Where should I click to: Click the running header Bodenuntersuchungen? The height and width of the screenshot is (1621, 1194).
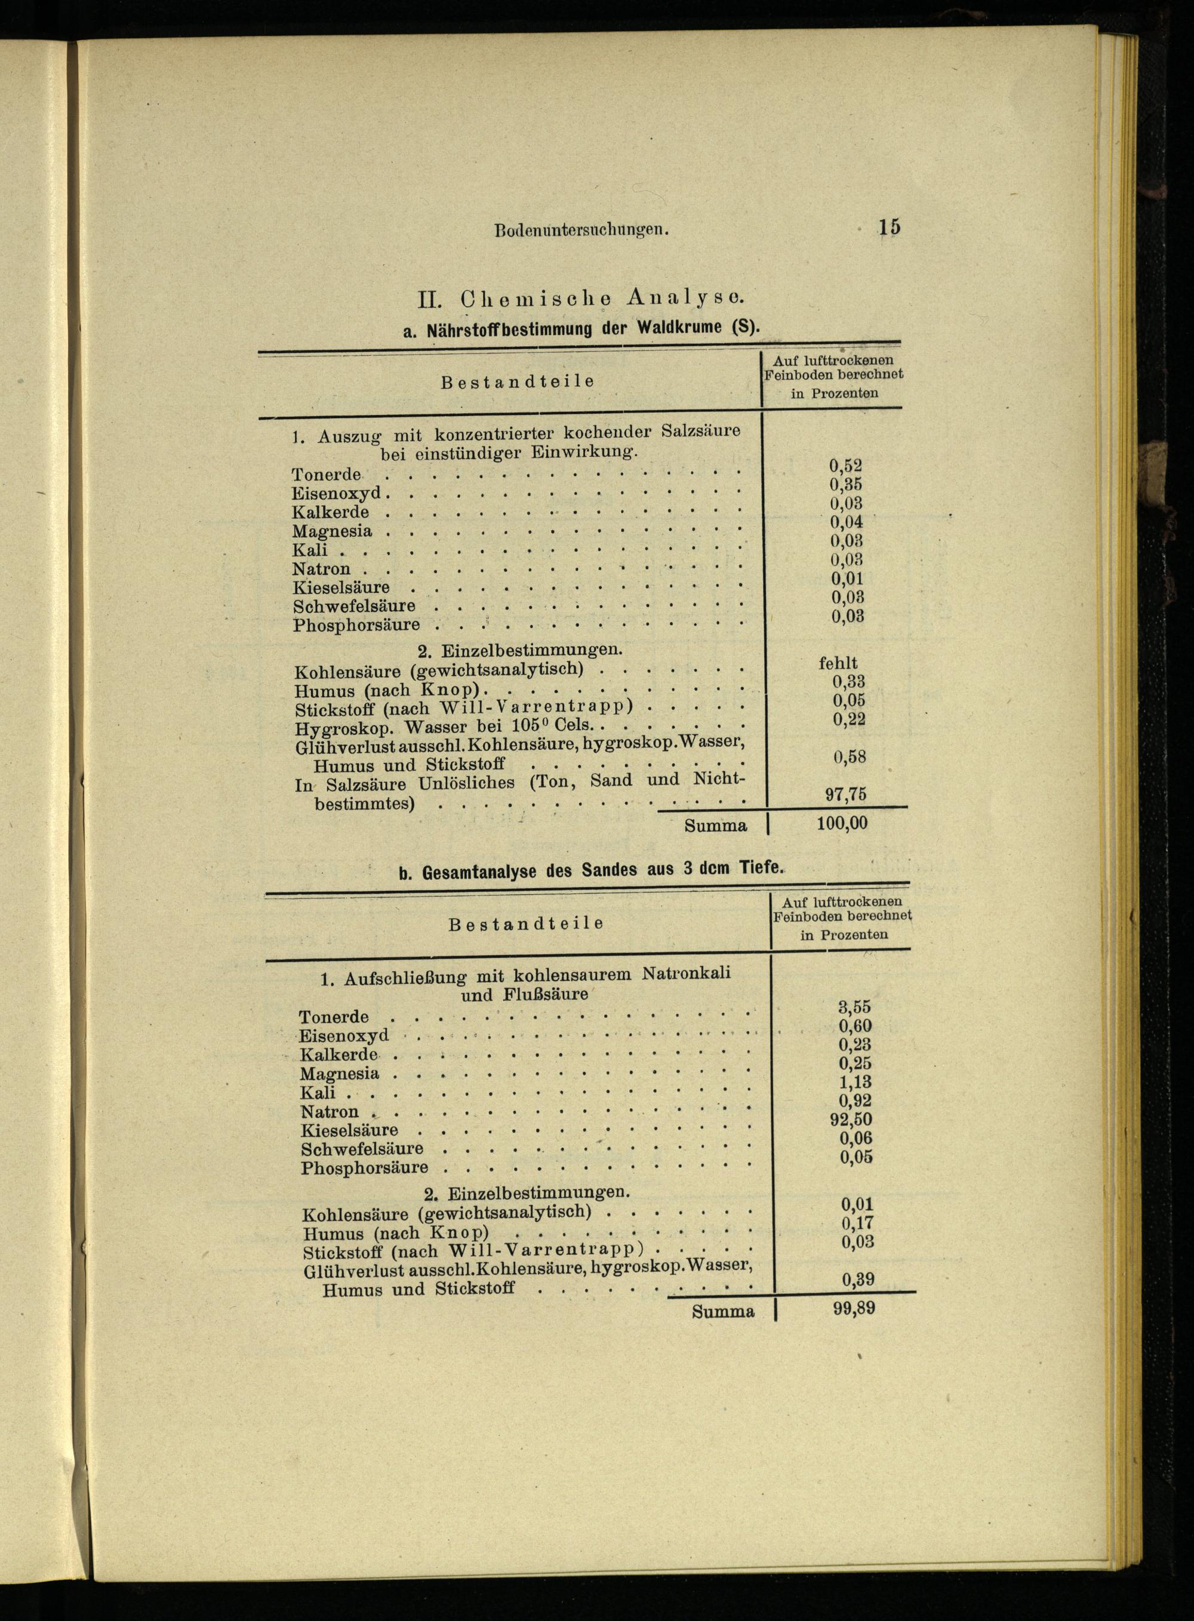(580, 230)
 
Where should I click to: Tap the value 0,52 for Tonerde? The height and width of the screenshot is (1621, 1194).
(845, 466)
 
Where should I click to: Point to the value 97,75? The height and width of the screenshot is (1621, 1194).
(845, 794)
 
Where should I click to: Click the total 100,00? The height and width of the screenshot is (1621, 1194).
(842, 823)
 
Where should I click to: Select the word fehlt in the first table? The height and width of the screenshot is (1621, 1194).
(838, 663)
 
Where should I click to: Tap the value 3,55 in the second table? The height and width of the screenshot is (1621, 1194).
(854, 1007)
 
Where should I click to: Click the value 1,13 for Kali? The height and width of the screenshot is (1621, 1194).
(855, 1082)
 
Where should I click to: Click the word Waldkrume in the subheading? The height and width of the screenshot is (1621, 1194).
(679, 327)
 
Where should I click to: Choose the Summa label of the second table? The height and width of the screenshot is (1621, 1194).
(723, 1311)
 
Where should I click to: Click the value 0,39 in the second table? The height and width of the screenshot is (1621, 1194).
(858, 1279)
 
